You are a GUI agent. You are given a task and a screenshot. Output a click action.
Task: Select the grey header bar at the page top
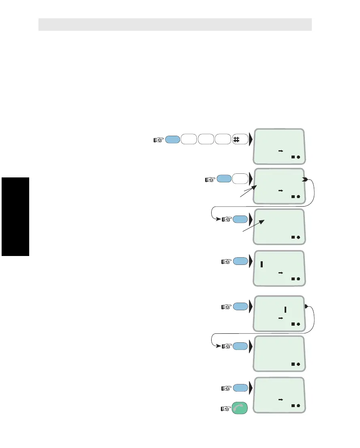175,24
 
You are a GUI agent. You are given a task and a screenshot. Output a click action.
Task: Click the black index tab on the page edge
15,216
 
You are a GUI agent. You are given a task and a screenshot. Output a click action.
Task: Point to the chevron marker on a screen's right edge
305,179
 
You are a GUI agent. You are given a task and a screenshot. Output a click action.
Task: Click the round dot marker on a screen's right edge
306,307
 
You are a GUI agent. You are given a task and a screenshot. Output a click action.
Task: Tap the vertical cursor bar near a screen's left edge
262,265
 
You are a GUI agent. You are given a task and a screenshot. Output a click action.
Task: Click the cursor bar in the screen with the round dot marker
285,310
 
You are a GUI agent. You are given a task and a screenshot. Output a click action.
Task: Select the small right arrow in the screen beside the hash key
280,151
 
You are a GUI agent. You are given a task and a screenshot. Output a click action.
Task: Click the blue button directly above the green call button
240,388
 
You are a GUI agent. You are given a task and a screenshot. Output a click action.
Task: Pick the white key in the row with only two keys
241,179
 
